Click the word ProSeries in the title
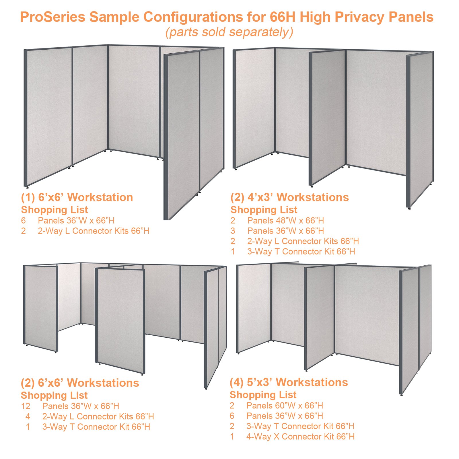tap(53, 17)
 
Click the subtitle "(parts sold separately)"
tap(229, 32)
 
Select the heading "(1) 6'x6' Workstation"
tap(77, 197)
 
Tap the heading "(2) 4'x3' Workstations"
tap(289, 197)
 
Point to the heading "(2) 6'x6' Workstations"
tap(80, 383)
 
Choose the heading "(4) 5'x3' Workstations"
tap(289, 382)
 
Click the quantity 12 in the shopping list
tap(26, 406)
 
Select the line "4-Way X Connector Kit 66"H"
tap(300, 437)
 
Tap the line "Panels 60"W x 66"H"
tap(285, 406)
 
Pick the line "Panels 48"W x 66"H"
tap(285, 221)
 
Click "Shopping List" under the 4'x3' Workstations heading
tap(264, 210)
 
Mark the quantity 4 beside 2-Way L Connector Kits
tap(28, 417)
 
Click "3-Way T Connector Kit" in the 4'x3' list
tap(301, 252)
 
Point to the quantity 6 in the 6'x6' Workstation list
tap(23, 221)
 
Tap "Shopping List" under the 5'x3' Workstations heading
tap(263, 395)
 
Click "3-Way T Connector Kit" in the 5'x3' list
tap(300, 426)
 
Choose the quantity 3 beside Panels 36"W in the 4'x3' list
tap(233, 231)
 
